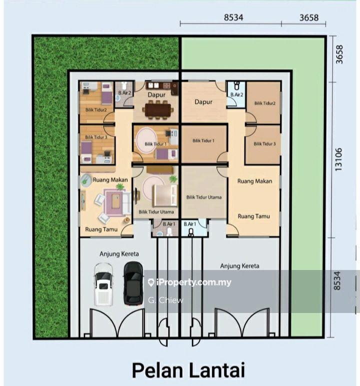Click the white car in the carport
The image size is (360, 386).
pos(103,284)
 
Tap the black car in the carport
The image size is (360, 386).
pos(133,283)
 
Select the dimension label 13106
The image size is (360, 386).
pos(338,159)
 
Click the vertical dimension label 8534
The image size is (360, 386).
pos(337,280)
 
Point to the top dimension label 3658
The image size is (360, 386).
pos(309,17)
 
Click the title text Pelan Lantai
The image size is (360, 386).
pos(188,370)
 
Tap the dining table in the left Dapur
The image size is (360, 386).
pos(158,110)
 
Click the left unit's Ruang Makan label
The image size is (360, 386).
pos(110,179)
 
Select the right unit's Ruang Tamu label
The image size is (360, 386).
pos(253,216)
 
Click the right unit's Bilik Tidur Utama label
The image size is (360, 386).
pos(204,197)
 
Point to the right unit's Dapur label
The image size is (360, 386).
pos(203,101)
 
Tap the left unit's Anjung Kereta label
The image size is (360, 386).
pos(119,254)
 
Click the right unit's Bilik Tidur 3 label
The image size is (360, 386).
pos(264,144)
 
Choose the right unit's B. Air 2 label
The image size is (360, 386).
pos(236,94)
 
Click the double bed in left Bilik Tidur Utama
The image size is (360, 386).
pos(165,195)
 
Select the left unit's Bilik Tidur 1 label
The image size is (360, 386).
pos(155,144)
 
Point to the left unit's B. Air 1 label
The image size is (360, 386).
pos(169,224)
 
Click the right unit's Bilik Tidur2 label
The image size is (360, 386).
pos(264,103)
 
